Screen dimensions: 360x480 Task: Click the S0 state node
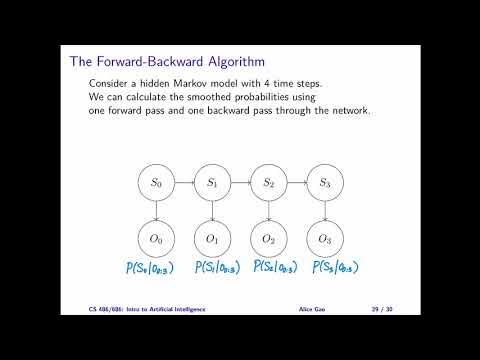pyautogui.click(x=156, y=183)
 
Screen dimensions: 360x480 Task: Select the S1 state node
pyautogui.click(x=212, y=183)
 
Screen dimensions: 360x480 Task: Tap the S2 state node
pyautogui.click(x=268, y=183)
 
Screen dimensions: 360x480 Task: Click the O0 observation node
pyautogui.click(x=156, y=240)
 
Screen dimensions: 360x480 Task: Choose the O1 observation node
pyautogui.click(x=212, y=240)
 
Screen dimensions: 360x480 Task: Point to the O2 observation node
pyautogui.click(x=268, y=240)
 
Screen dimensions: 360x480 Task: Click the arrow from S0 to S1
pyautogui.click(x=184, y=183)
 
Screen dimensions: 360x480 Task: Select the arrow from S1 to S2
pyautogui.click(x=240, y=183)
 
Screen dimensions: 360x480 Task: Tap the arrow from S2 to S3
pyautogui.click(x=296, y=183)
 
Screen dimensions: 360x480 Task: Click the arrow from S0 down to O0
pyautogui.click(x=156, y=211)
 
